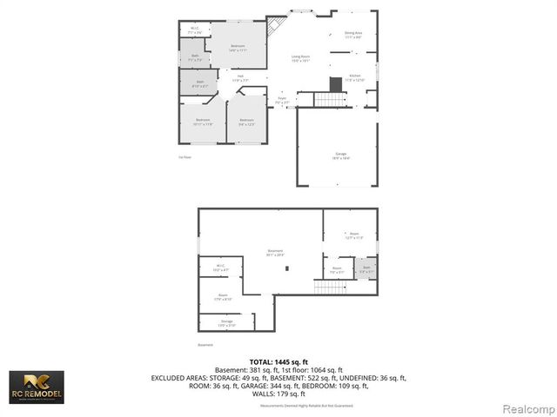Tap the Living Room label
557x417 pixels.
coord(301,59)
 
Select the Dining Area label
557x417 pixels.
coord(353,36)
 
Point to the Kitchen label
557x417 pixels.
coord(355,78)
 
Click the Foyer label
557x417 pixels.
coord(282,100)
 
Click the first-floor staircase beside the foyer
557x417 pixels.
coord(331,98)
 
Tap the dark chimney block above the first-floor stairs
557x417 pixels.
coord(336,83)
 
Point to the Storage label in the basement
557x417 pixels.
coord(227,323)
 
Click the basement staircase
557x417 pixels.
coord(330,287)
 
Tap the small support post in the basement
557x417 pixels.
coord(288,268)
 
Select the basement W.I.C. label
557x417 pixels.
coord(220,268)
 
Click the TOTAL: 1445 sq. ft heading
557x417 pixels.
coord(278,361)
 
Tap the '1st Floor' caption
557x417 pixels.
coord(185,157)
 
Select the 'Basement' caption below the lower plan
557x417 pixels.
coord(205,345)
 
